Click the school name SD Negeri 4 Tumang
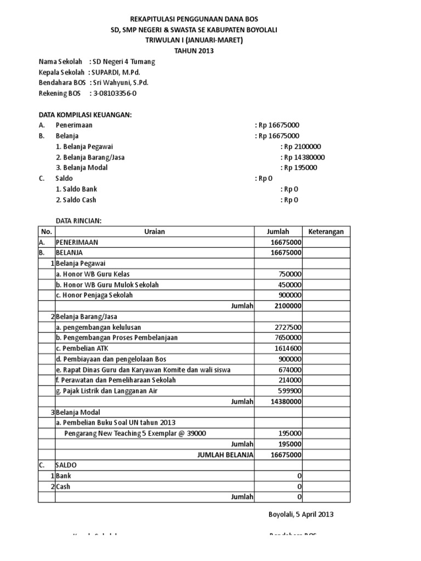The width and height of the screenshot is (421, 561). click(x=124, y=62)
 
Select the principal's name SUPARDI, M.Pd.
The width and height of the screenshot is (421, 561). click(x=117, y=72)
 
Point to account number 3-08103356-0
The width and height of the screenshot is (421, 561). click(x=115, y=93)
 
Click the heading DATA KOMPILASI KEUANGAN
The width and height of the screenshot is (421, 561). click(x=85, y=115)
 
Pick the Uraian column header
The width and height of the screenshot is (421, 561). click(x=155, y=232)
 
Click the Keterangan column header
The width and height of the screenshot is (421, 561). click(x=326, y=232)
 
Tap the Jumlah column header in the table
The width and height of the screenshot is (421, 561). click(x=277, y=232)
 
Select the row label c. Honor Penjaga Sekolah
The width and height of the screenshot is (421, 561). click(x=94, y=295)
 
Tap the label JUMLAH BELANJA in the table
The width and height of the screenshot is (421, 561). click(x=225, y=454)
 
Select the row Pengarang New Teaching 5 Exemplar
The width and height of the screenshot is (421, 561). click(x=135, y=433)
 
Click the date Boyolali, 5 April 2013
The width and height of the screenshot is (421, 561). click(x=300, y=514)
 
